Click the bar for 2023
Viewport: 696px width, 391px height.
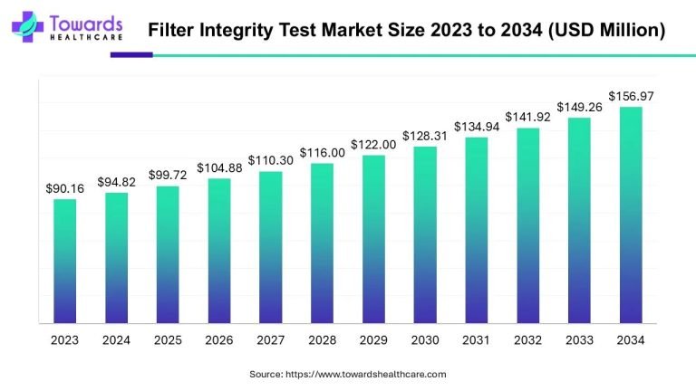pos(64,261)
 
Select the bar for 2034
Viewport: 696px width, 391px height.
pos(631,215)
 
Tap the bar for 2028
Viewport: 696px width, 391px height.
pos(322,243)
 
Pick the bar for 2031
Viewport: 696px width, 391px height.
pos(476,230)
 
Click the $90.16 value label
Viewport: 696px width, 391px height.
pos(64,188)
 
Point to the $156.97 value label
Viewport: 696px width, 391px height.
pos(631,96)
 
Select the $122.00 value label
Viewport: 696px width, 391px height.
pos(373,145)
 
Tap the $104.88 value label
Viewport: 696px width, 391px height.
pos(218,167)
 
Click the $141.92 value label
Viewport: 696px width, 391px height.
pos(527,118)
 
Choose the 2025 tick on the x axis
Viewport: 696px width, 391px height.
pos(168,339)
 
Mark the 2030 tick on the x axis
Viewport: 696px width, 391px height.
pos(425,339)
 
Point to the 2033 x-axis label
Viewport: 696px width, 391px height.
pos(579,339)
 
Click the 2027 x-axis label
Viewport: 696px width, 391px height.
pos(270,339)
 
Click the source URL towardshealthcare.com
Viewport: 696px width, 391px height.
pos(365,374)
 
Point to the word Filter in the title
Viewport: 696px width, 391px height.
pos(171,30)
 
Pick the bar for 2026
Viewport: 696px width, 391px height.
pos(218,250)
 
